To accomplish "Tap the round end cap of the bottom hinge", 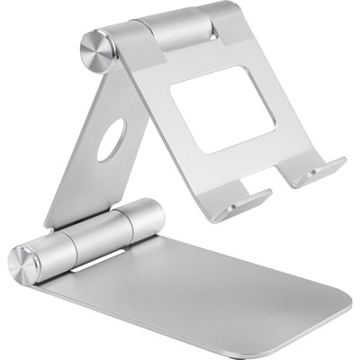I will click(25, 260).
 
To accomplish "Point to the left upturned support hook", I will click(242, 200).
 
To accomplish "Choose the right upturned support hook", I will click(317, 172).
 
